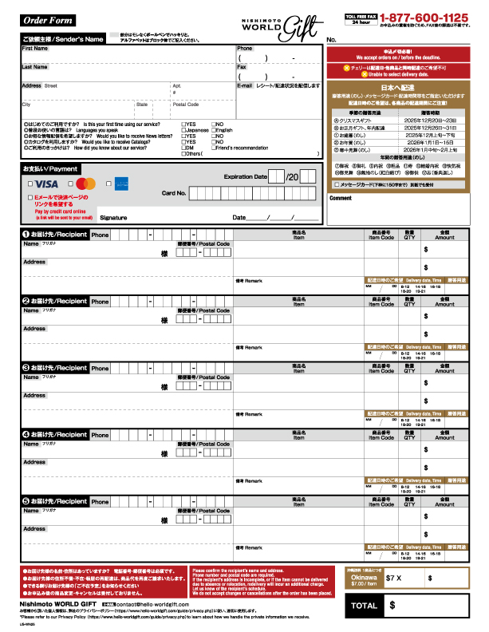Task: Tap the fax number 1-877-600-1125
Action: pyautogui.click(x=424, y=17)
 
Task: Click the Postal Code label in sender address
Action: pyautogui.click(x=186, y=104)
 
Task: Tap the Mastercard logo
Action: pyautogui.click(x=87, y=184)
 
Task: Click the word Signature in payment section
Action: pyautogui.click(x=113, y=217)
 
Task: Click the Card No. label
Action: pyautogui.click(x=173, y=193)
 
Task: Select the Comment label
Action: pyautogui.click(x=340, y=198)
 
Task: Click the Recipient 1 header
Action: pyautogui.click(x=54, y=235)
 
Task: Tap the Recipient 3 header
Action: pyautogui.click(x=54, y=368)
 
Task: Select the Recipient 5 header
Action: pyautogui.click(x=54, y=501)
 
